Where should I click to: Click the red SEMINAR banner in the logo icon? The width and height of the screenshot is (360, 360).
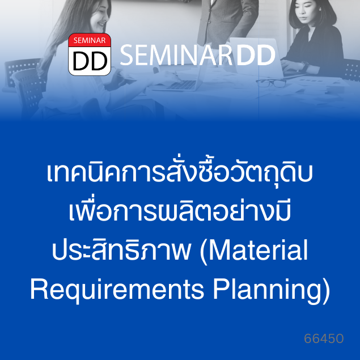tap(90, 40)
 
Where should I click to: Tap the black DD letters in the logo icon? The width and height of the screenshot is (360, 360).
tap(90, 61)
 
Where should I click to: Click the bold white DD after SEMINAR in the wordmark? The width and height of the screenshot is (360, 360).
tap(256, 55)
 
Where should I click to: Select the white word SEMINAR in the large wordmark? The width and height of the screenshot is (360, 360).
tap(176, 55)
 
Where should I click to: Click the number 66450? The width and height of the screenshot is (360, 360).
tap(324, 338)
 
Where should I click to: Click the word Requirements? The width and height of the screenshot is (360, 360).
tap(117, 290)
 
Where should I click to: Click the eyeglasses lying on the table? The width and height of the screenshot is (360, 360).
tap(271, 83)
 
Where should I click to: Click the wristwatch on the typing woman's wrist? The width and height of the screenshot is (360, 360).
tap(305, 65)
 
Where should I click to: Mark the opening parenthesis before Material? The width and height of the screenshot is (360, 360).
tap(204, 252)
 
